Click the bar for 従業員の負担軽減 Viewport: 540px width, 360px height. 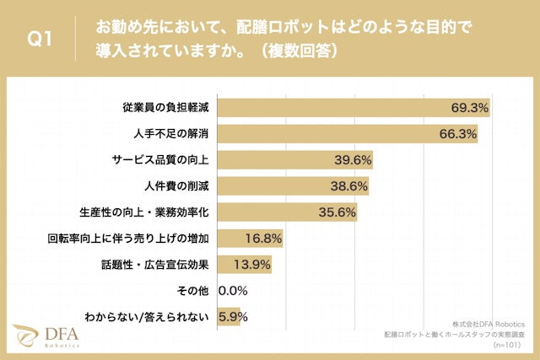pyautogui.click(x=354, y=108)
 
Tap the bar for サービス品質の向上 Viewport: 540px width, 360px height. pyautogui.click(x=295, y=160)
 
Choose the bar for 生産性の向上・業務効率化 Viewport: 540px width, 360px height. pyautogui.click(x=288, y=212)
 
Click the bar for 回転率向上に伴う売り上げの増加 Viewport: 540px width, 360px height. pyautogui.click(x=250, y=239)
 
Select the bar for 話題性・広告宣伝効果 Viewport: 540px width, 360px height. pyautogui.click(x=245, y=265)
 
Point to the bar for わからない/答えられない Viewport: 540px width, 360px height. pyautogui.click(x=229, y=317)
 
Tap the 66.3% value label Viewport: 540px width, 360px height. pyautogui.click(x=459, y=134)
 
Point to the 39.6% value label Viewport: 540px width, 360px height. pyautogui.click(x=354, y=160)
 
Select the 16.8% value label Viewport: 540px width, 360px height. pyautogui.click(x=262, y=239)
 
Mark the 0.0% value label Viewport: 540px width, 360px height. pyautogui.click(x=232, y=291)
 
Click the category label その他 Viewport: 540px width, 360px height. pyautogui.click(x=194, y=291)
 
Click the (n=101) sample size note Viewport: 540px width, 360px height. pyautogui.click(x=510, y=344)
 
